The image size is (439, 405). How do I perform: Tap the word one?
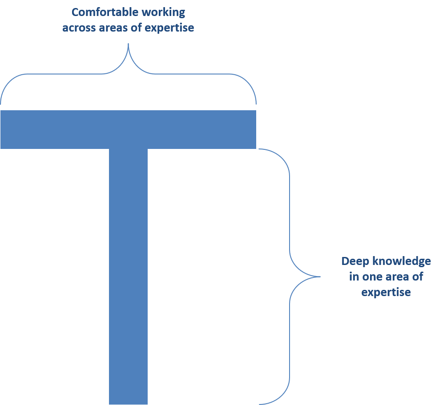click(371, 277)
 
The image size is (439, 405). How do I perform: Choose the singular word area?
click(397, 277)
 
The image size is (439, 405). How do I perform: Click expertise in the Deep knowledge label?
click(386, 293)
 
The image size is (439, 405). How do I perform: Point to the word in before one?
click(354, 277)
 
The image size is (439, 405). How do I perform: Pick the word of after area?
click(418, 277)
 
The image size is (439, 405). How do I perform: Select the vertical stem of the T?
click(128, 276)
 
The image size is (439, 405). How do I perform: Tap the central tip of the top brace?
click(129, 44)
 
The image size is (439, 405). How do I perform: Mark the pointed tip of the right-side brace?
click(319, 277)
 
